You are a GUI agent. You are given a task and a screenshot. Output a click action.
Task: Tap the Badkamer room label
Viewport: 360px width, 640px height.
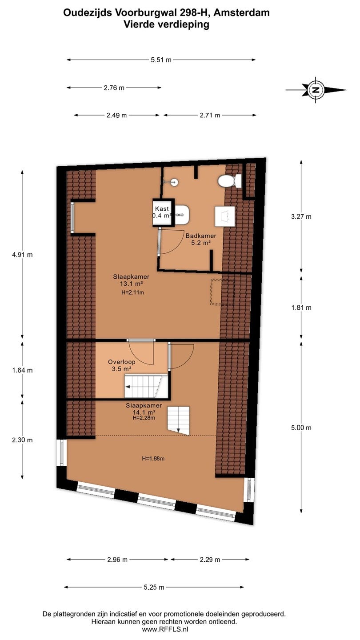coord(201,236)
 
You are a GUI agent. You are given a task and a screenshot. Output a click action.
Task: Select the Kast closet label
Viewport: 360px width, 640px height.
coord(162,209)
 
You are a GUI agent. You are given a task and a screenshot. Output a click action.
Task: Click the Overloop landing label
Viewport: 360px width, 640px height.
coord(121,362)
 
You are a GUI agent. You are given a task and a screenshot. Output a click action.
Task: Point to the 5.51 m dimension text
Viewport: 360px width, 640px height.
coord(161,60)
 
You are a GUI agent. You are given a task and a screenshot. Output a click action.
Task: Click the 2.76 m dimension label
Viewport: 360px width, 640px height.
coord(114,88)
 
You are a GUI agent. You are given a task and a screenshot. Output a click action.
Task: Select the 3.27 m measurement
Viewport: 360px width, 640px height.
coord(301,216)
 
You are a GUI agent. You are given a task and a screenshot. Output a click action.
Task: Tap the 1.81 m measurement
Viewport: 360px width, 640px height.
coord(301,308)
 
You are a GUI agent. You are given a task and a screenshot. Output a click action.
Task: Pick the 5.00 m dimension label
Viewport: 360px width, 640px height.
coord(301,428)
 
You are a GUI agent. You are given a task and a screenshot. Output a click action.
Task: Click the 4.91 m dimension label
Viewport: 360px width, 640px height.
coord(22,255)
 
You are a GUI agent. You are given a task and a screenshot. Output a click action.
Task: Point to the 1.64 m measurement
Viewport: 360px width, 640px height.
coord(22,370)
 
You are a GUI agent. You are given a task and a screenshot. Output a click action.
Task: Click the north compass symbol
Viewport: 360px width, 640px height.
coord(316,90)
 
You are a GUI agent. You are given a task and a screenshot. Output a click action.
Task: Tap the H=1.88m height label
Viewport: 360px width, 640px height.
coord(153,459)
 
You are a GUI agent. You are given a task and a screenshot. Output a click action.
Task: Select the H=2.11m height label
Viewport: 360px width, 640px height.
coord(132,292)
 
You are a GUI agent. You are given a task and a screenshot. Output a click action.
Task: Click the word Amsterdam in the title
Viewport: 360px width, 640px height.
coord(241,12)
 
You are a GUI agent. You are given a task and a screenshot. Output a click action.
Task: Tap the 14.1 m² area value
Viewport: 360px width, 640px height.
coord(144,412)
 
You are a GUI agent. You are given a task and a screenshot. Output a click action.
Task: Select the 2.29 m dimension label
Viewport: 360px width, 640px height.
coord(210,560)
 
